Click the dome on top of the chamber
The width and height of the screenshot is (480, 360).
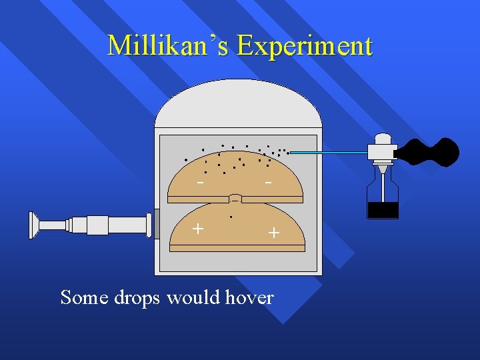click(238, 105)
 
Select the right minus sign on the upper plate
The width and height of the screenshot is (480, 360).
click(268, 182)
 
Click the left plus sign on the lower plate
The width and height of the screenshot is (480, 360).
click(197, 229)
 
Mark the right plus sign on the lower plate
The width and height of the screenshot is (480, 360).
click(273, 232)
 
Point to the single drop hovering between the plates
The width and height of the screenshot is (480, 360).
click(231, 217)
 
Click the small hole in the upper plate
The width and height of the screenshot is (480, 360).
click(235, 199)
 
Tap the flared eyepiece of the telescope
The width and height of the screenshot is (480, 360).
click(34, 225)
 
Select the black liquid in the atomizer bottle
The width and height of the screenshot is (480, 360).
click(383, 210)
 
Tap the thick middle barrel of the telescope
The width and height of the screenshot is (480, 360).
click(97, 225)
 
